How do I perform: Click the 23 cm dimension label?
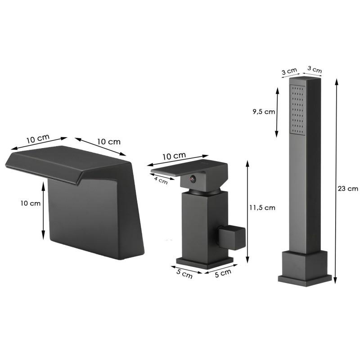tap(347, 189)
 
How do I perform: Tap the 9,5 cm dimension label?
tap(264, 112)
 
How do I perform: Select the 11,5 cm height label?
tap(262, 207)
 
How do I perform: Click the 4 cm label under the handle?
tap(161, 180)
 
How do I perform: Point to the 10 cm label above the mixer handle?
tap(174, 156)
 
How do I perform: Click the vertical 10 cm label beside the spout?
tap(30, 203)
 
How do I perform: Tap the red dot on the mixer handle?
tap(192, 178)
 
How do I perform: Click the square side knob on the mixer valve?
tap(232, 238)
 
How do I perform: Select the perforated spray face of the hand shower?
tap(297, 109)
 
